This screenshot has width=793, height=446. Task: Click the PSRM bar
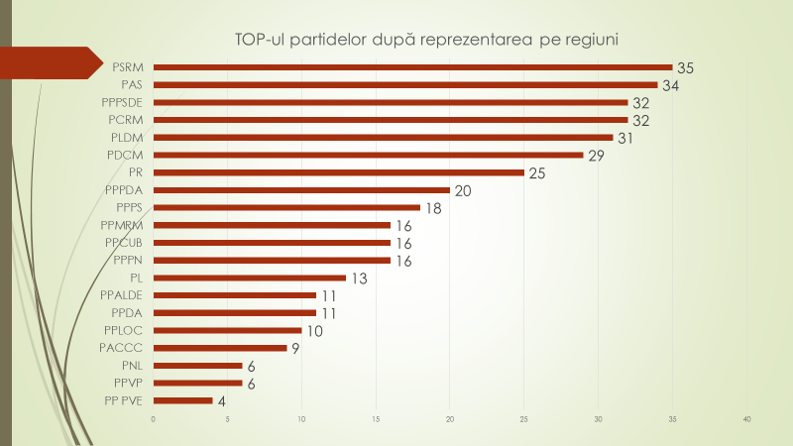coord(412,67)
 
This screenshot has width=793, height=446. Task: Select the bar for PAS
coord(405,85)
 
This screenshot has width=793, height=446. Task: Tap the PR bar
coord(339,172)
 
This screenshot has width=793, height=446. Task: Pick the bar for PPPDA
coord(301,190)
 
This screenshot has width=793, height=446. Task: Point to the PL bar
coord(250,278)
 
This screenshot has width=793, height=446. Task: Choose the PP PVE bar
coord(183,400)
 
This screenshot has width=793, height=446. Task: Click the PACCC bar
coord(220,348)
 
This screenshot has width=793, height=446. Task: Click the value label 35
coord(685,68)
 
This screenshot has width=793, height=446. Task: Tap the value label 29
coord(596,156)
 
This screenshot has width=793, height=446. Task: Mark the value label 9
coord(295,349)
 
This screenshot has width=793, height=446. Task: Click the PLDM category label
coord(126,138)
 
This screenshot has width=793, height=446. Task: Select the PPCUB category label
coord(124,243)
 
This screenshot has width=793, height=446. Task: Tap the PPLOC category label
coord(124,330)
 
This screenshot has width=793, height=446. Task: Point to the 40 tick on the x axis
coord(746,420)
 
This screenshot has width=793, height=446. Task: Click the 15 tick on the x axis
coord(376,420)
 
